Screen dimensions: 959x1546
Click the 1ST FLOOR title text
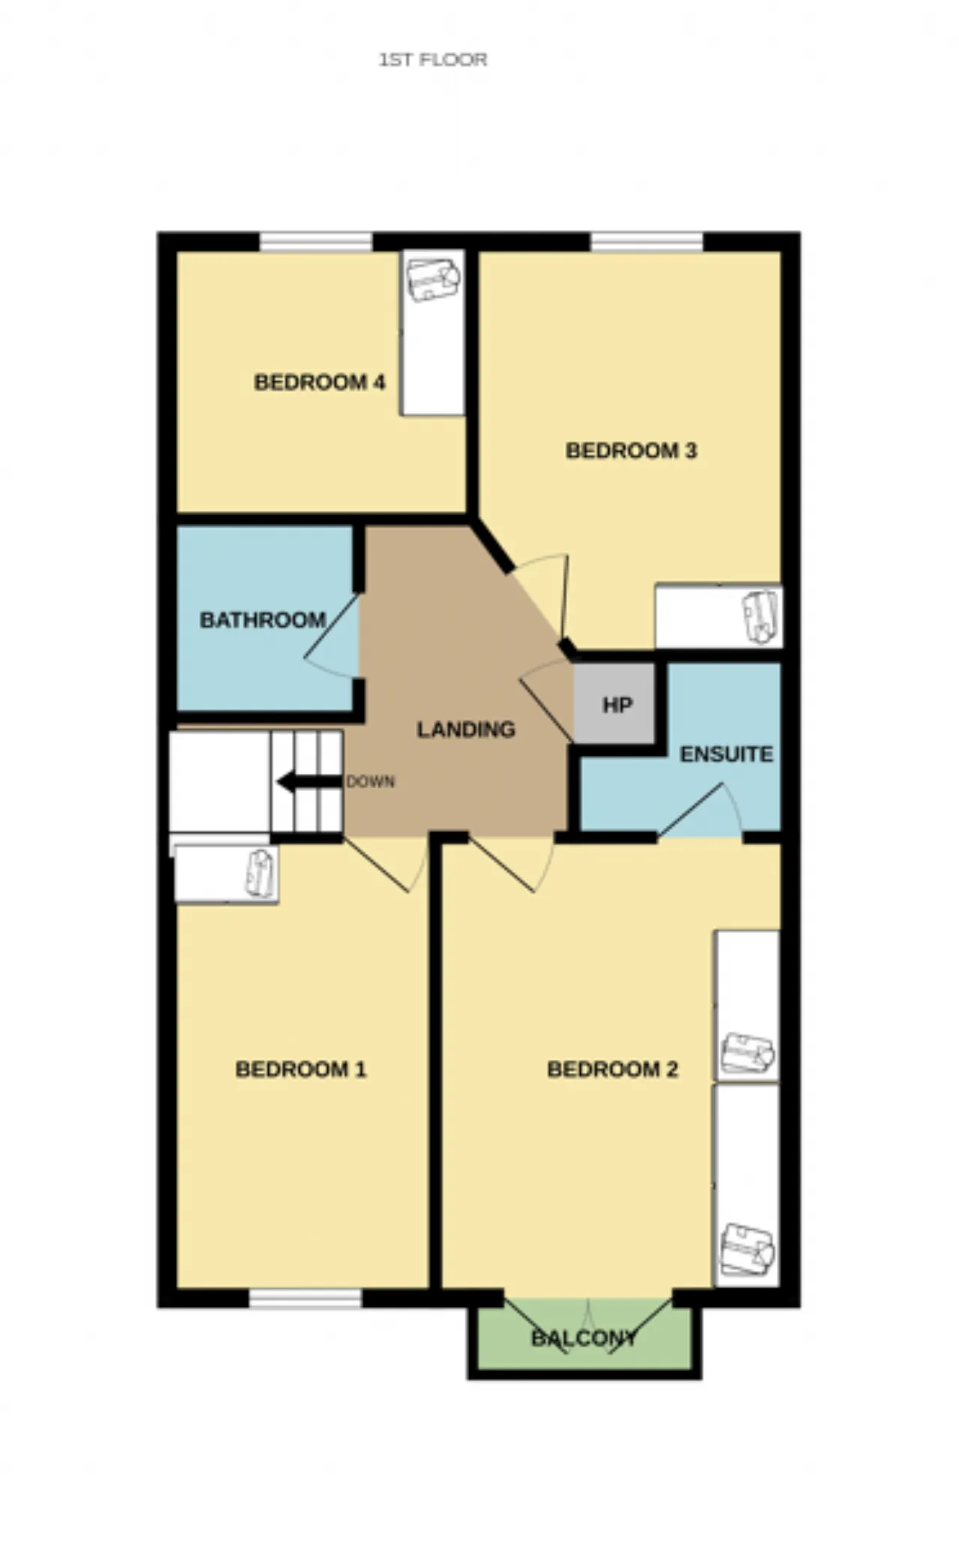pos(433,60)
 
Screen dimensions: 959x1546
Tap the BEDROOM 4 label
pos(320,383)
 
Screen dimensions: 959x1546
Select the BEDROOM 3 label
pos(632,451)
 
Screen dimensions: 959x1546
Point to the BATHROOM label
pos(263,620)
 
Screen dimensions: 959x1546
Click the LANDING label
pos(466,730)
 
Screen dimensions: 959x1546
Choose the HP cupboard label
pos(617,705)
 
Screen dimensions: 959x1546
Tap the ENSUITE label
pos(726,754)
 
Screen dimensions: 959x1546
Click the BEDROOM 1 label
pos(301,1069)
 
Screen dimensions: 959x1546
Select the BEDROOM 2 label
pos(613,1069)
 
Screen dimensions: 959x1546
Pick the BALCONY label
pos(584,1339)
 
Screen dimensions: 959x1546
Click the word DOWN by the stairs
pos(371,781)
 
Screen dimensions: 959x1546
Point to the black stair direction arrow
pos(309,783)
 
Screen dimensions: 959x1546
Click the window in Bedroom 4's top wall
pos(316,242)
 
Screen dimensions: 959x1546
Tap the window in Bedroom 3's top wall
pos(647,242)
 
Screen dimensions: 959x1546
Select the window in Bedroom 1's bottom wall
pos(306,1298)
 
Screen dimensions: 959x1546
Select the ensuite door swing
pos(700,810)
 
